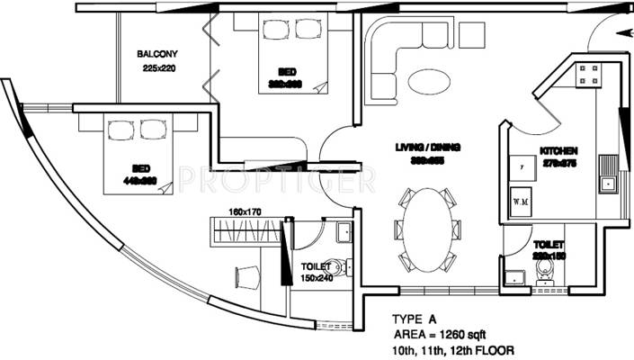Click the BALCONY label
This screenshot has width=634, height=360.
pos(157,54)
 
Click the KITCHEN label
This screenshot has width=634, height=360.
pos(558,150)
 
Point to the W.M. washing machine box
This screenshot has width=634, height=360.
pos(520,201)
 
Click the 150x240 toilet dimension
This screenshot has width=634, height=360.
pos(316,278)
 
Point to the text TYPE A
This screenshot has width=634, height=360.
pos(415,319)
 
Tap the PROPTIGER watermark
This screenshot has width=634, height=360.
pos(276,180)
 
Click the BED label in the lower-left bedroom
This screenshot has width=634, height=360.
pos(141,167)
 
